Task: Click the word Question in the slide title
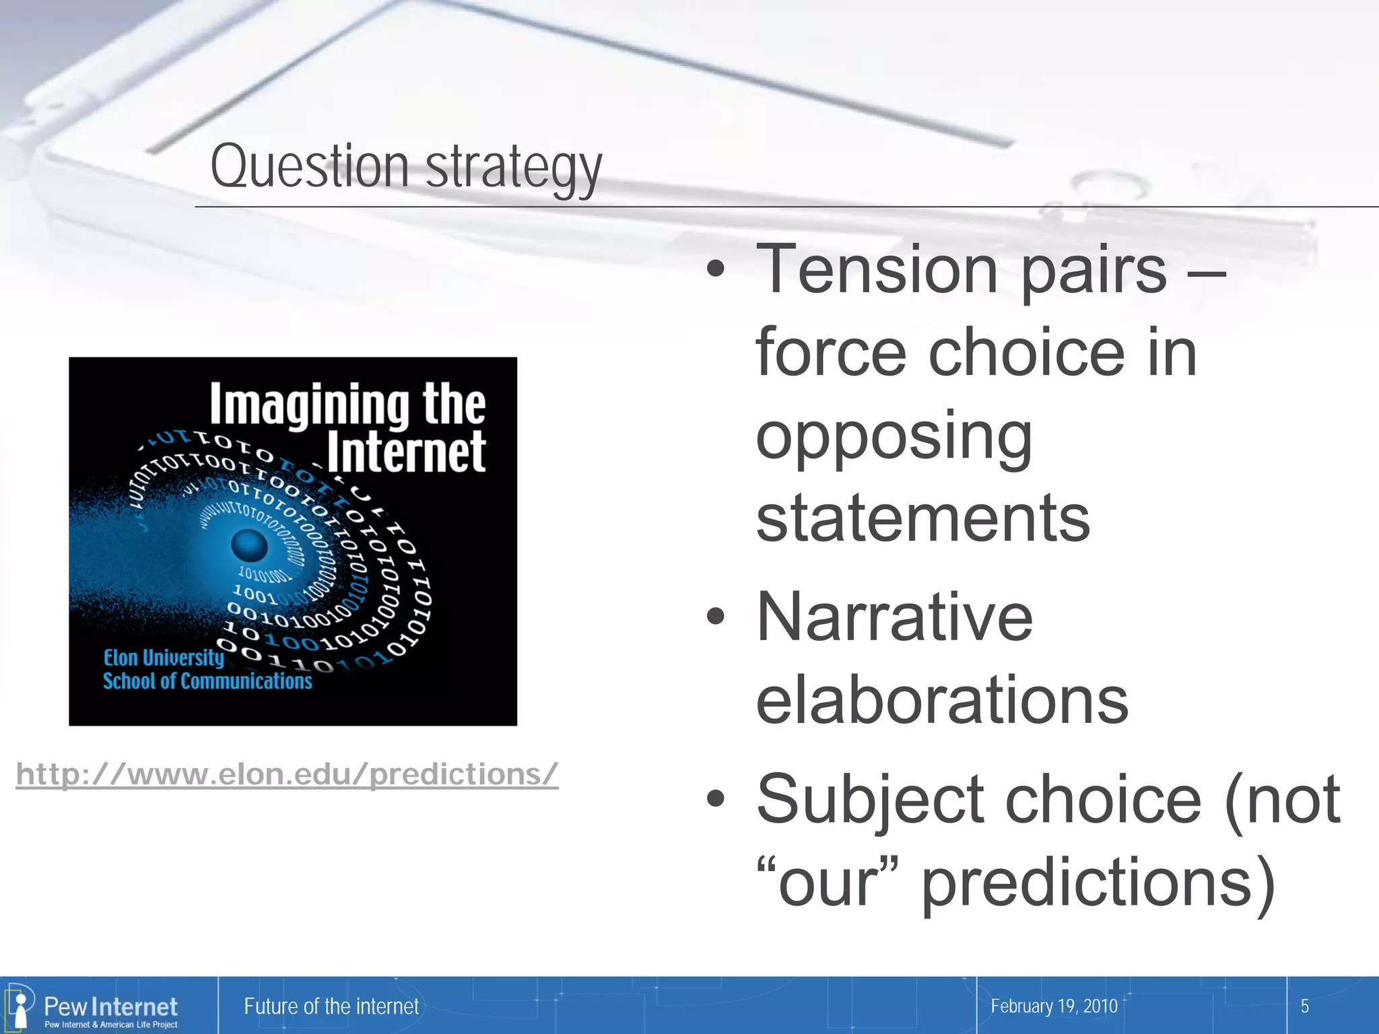(309, 166)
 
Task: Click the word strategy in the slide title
(513, 168)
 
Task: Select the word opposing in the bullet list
(894, 438)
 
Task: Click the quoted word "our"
(827, 882)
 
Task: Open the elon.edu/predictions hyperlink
(287, 774)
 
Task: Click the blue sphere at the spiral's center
(249, 545)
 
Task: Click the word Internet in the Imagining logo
(406, 452)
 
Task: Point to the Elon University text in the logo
(163, 658)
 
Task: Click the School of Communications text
(207, 681)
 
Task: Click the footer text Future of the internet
(331, 1006)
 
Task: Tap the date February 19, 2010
(1054, 1006)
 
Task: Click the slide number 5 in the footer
(1304, 1006)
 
